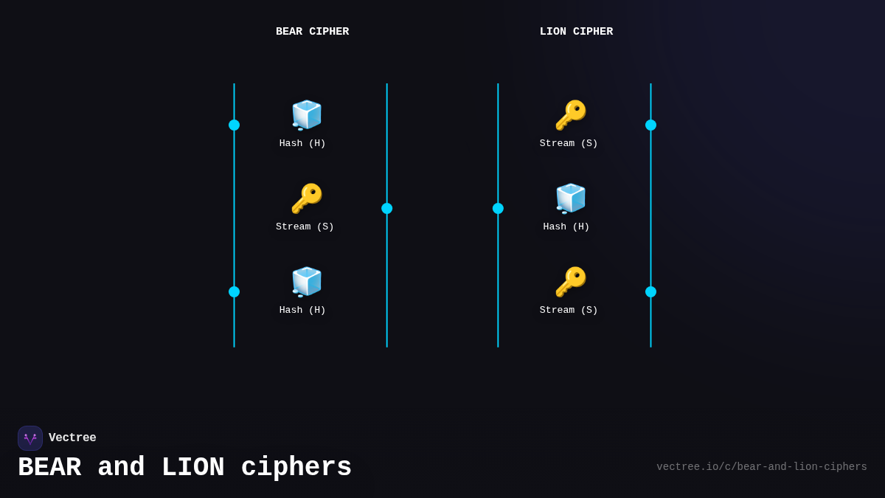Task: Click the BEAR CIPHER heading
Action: point(312,32)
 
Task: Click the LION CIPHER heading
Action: point(576,32)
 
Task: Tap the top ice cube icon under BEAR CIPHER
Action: point(306,115)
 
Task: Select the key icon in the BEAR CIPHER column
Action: point(306,198)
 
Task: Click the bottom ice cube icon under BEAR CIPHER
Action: point(306,282)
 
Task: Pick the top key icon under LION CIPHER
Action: point(570,115)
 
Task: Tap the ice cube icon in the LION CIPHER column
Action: point(570,198)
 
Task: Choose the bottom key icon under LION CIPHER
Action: point(570,282)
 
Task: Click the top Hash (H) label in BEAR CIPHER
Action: point(302,143)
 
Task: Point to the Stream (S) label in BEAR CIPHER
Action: point(305,226)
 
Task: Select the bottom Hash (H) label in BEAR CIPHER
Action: point(302,310)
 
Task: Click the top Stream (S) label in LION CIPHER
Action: point(569,143)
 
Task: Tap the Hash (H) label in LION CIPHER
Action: point(566,226)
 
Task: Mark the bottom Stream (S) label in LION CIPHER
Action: point(569,310)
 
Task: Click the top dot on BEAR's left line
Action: point(234,125)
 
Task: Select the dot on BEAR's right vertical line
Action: point(386,208)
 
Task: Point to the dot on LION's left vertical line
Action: point(498,208)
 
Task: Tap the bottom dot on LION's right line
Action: point(650,291)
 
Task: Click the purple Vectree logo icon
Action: point(30,438)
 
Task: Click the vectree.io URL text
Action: point(761,467)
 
